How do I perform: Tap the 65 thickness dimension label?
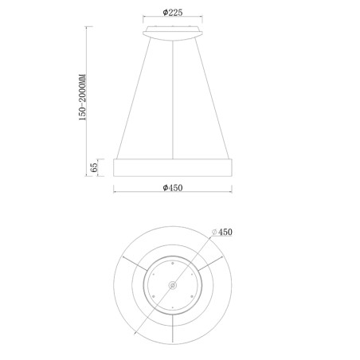[x=94, y=167]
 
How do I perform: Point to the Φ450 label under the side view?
[x=173, y=187]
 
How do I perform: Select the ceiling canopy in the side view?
[x=173, y=32]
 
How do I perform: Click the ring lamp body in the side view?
[x=173, y=167]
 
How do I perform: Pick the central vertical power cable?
[x=173, y=96]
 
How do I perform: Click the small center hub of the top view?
[x=173, y=284]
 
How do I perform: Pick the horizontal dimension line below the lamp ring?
[x=173, y=194]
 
